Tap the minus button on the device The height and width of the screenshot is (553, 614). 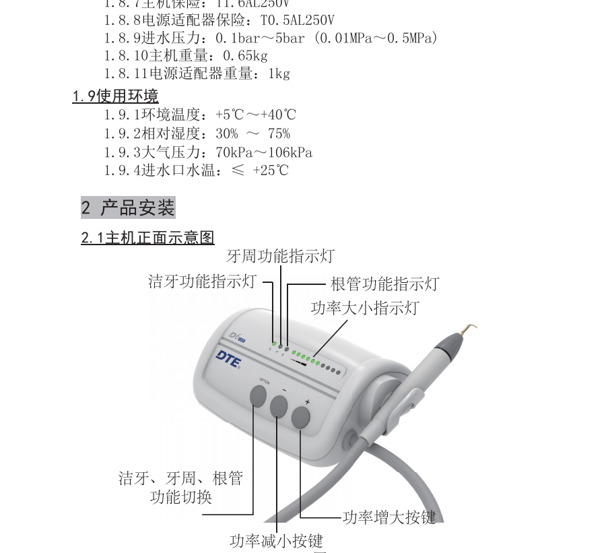[x=279, y=407]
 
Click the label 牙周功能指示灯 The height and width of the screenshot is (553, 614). [x=280, y=257]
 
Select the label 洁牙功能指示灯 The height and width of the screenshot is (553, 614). [x=202, y=282]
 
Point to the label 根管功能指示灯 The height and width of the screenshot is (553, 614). [x=384, y=284]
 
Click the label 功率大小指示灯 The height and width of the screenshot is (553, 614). [x=364, y=308]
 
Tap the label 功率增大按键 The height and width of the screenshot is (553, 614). [x=389, y=517]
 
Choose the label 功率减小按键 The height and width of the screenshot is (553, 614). [x=276, y=541]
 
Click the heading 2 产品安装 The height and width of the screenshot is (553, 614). [x=128, y=207]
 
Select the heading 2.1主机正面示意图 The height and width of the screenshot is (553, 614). [x=147, y=238]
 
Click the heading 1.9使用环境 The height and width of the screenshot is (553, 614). [x=116, y=96]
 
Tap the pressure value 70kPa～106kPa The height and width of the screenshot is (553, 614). [x=264, y=152]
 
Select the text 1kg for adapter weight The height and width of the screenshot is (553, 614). [x=279, y=74]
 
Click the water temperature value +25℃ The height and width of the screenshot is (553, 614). [x=271, y=170]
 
